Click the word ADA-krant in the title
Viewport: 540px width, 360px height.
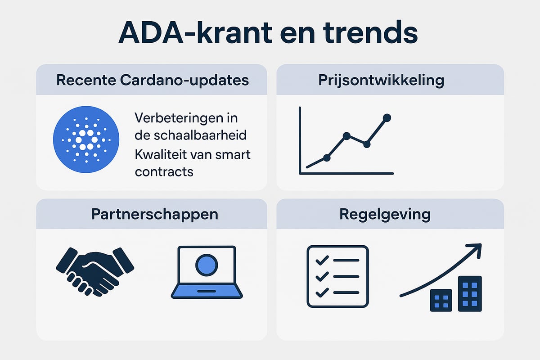click(x=195, y=32)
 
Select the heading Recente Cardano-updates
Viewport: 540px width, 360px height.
click(x=153, y=80)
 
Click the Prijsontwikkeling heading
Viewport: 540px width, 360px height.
click(x=381, y=80)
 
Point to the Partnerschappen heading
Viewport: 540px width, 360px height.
click(x=155, y=214)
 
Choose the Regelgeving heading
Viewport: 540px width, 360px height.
click(x=385, y=214)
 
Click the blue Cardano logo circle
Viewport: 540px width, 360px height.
click(x=86, y=139)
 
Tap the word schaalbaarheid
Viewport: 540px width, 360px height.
click(x=200, y=135)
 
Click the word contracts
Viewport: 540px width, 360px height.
click(x=164, y=172)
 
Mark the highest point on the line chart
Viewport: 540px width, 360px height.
click(x=387, y=117)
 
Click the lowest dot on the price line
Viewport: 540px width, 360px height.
click(x=327, y=158)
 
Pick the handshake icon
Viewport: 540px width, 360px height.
click(x=95, y=272)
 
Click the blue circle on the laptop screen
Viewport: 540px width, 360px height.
click(x=207, y=265)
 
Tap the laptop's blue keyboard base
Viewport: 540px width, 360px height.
click(x=207, y=291)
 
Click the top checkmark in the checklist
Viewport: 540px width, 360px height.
click(x=322, y=260)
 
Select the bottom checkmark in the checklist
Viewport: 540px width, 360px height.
click(x=322, y=292)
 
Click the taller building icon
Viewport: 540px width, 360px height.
click(x=470, y=294)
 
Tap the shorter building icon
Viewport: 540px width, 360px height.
click(x=441, y=300)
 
